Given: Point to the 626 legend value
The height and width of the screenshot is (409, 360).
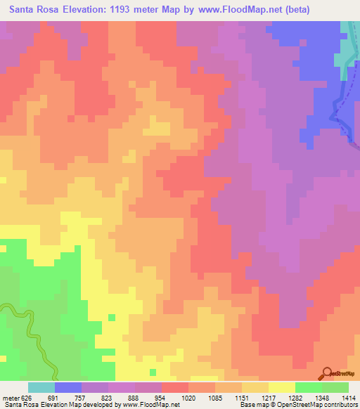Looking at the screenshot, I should coord(26,397).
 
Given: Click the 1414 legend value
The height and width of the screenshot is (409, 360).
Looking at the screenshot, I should coord(348,397).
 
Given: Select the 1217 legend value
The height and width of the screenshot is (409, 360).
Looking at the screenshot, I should coord(267,397).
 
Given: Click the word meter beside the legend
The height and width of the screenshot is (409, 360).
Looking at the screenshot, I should coord(10,397).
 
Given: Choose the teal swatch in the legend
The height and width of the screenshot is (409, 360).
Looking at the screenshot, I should coord(41,387).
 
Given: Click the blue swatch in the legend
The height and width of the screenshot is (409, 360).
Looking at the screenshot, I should coord(68,387).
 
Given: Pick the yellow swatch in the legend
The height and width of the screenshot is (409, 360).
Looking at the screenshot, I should coord(282,387).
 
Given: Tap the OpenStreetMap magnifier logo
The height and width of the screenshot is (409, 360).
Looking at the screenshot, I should coord(328,372).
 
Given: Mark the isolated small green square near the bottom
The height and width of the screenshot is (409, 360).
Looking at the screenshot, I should coord(153,372).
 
